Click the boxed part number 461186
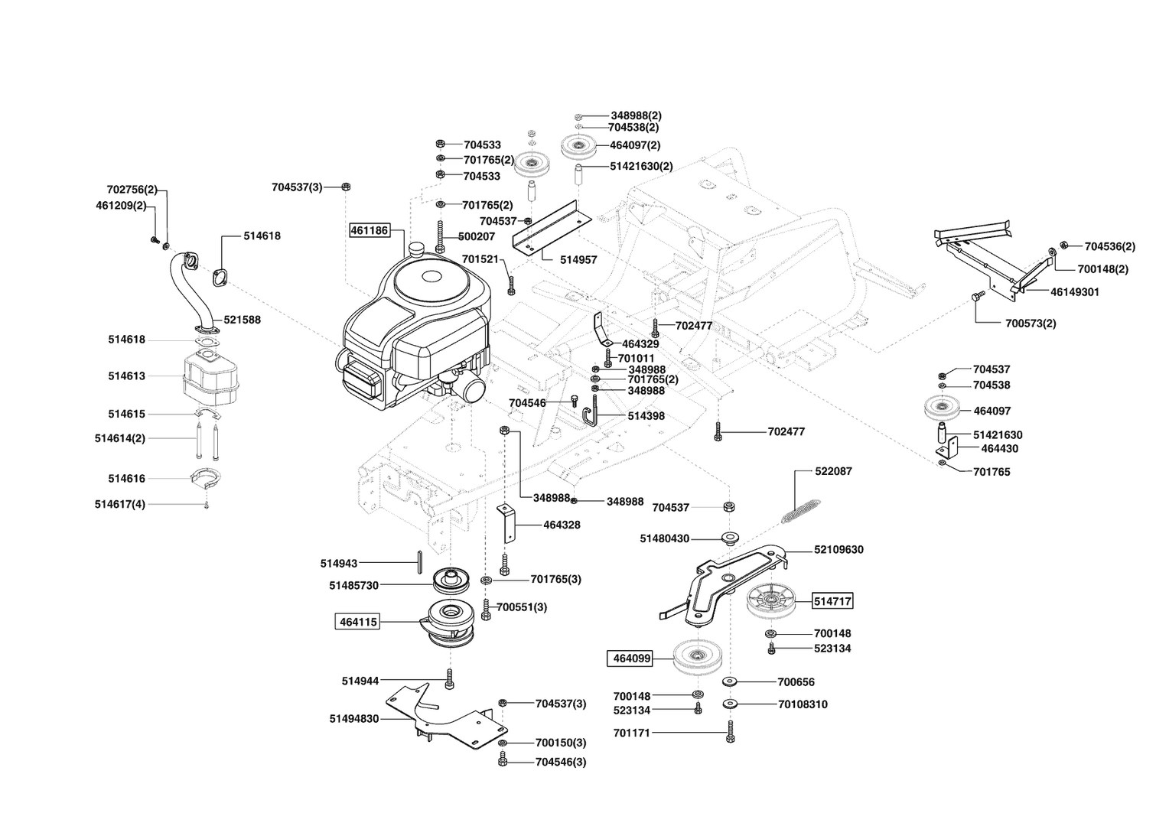pyautogui.click(x=370, y=229)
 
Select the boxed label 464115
pyautogui.click(x=357, y=622)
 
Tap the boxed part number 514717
pyautogui.click(x=833, y=601)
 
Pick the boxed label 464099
pyautogui.click(x=631, y=657)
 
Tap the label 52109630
pyautogui.click(x=839, y=550)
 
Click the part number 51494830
pyautogui.click(x=354, y=719)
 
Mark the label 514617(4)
pyautogui.click(x=120, y=504)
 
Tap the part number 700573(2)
pyautogui.click(x=1031, y=324)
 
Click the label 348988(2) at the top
pyautogui.click(x=636, y=115)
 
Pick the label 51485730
pyautogui.click(x=354, y=585)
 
